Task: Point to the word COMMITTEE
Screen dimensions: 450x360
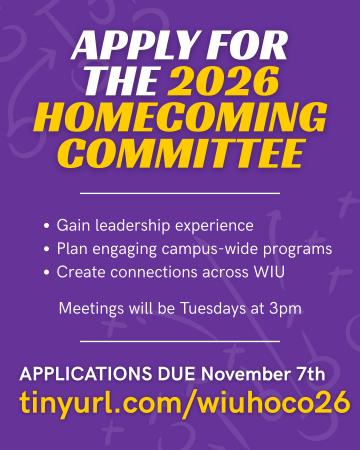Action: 180,154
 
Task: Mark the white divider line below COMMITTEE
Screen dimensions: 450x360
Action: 180,192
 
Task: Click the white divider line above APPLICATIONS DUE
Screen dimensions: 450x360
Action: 180,342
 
